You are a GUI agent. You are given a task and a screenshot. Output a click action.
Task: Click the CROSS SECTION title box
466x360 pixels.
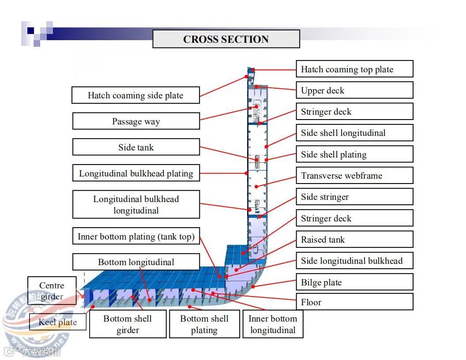[226, 39]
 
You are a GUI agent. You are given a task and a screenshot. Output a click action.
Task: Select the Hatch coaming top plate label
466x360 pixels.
[354, 69]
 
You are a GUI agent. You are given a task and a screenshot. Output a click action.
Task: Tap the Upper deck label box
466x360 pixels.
[354, 90]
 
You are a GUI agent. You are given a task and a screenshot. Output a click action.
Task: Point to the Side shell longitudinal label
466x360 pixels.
[354, 133]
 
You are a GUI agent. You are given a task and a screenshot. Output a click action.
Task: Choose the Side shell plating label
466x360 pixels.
[354, 154]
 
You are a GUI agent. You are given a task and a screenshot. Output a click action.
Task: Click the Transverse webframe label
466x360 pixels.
[354, 176]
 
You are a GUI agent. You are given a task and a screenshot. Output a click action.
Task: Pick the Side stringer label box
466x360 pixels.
[354, 197]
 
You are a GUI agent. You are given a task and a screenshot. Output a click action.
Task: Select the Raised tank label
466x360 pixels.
[354, 240]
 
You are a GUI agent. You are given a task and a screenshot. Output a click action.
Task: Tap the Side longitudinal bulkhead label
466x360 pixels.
[354, 261]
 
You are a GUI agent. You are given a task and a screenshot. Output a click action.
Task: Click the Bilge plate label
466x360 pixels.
[354, 282]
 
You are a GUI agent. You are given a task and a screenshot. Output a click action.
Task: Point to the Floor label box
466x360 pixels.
[354, 302]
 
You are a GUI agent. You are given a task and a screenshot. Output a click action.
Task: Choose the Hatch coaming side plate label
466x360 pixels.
[135, 95]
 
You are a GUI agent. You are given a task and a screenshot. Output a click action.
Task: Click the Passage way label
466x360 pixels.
[135, 121]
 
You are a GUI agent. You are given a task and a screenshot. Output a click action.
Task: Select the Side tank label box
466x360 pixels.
[135, 147]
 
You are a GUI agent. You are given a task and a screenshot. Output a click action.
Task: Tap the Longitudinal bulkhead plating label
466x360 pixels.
[135, 173]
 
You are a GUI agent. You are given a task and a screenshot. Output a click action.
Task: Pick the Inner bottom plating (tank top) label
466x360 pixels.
[135, 236]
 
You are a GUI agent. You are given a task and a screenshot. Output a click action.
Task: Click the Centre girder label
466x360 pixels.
[52, 291]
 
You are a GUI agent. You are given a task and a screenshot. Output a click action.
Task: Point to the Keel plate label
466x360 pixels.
[57, 322]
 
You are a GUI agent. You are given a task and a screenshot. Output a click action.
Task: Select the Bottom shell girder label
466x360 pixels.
[128, 324]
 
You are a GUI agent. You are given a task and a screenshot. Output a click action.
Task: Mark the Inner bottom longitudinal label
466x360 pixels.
[273, 324]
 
